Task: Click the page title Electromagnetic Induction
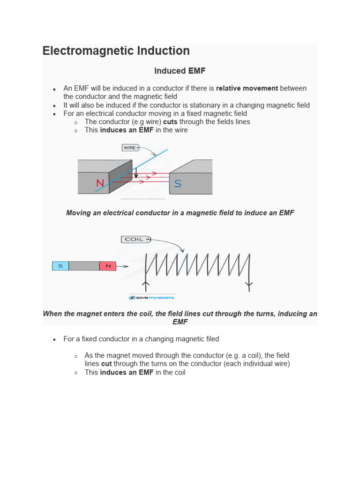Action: pos(116,51)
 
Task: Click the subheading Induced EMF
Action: pos(180,71)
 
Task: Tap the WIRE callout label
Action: pos(129,148)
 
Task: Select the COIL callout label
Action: pos(135,240)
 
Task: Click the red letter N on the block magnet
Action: pos(100,183)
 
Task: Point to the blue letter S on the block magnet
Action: pos(178,184)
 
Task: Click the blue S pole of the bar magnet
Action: pos(60,266)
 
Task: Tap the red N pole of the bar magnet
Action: pos(108,266)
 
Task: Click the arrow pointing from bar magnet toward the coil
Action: pos(123,266)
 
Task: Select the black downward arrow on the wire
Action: pos(136,173)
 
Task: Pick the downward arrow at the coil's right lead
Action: pos(249,284)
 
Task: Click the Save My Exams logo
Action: pos(151,298)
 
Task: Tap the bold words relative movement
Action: pos(247,88)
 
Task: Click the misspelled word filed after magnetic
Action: pos(210,339)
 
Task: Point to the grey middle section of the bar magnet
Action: pos(84,266)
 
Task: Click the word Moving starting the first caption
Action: pos(78,213)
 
